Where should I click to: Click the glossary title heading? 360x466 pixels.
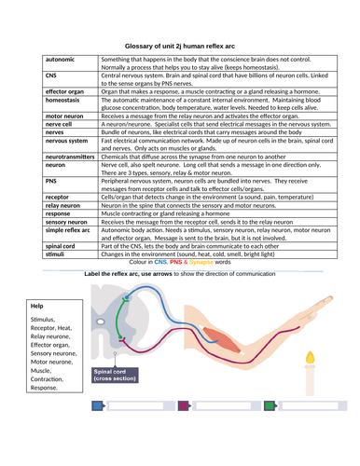183,44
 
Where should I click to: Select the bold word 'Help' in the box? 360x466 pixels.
37,358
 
